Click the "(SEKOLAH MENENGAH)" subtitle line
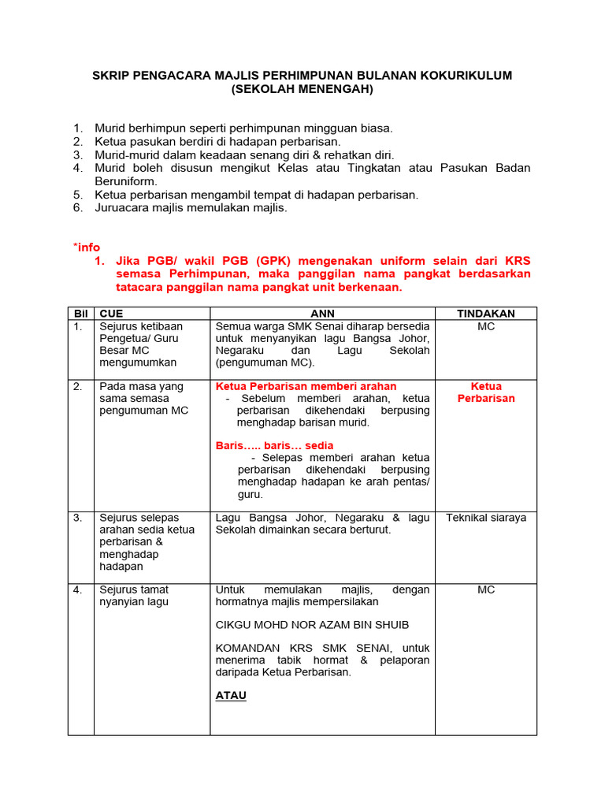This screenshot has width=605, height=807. point(302,90)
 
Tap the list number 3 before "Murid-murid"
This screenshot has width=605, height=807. point(77,155)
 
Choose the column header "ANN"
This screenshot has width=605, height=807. point(322,314)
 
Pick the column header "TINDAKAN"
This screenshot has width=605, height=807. point(485,314)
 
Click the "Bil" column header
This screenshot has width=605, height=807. point(80,314)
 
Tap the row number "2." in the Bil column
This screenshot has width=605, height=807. point(79,387)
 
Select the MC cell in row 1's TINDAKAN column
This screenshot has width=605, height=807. point(485,326)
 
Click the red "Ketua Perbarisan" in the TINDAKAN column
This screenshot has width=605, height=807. point(485,392)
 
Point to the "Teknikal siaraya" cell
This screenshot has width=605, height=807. point(485,518)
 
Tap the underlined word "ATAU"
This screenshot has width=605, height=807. point(231,696)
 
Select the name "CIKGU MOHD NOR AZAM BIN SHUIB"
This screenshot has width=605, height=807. point(312,625)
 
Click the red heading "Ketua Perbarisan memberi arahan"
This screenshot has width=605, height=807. point(306,387)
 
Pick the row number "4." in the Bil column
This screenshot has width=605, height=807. point(79,589)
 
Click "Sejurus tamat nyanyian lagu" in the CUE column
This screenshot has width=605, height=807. point(134,596)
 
